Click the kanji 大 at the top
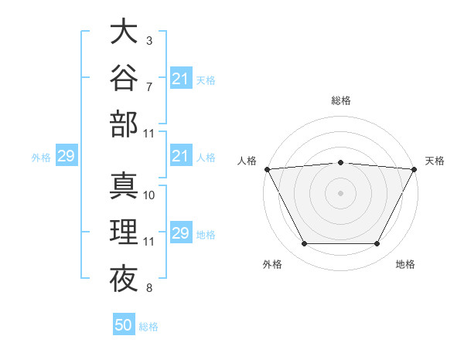tap(124, 30)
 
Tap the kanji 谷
tap(124, 77)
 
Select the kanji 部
tap(124, 124)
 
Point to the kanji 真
tap(124, 185)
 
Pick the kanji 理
tap(124, 232)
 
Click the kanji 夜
tap(124, 278)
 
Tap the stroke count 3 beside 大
tap(149, 41)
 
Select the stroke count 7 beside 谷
tap(149, 87)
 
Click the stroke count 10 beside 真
tap(148, 195)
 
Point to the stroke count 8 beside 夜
tap(149, 287)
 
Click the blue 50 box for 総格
tap(124, 324)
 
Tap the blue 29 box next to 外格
tap(67, 155)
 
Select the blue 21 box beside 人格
tap(181, 155)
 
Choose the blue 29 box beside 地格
tap(181, 232)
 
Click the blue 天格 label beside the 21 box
tap(206, 80)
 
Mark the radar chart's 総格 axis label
tap(341, 100)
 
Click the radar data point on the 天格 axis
tap(415, 169)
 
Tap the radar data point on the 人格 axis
tap(268, 169)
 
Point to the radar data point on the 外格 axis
tap(305, 243)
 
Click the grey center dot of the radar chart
tap(340, 193)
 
